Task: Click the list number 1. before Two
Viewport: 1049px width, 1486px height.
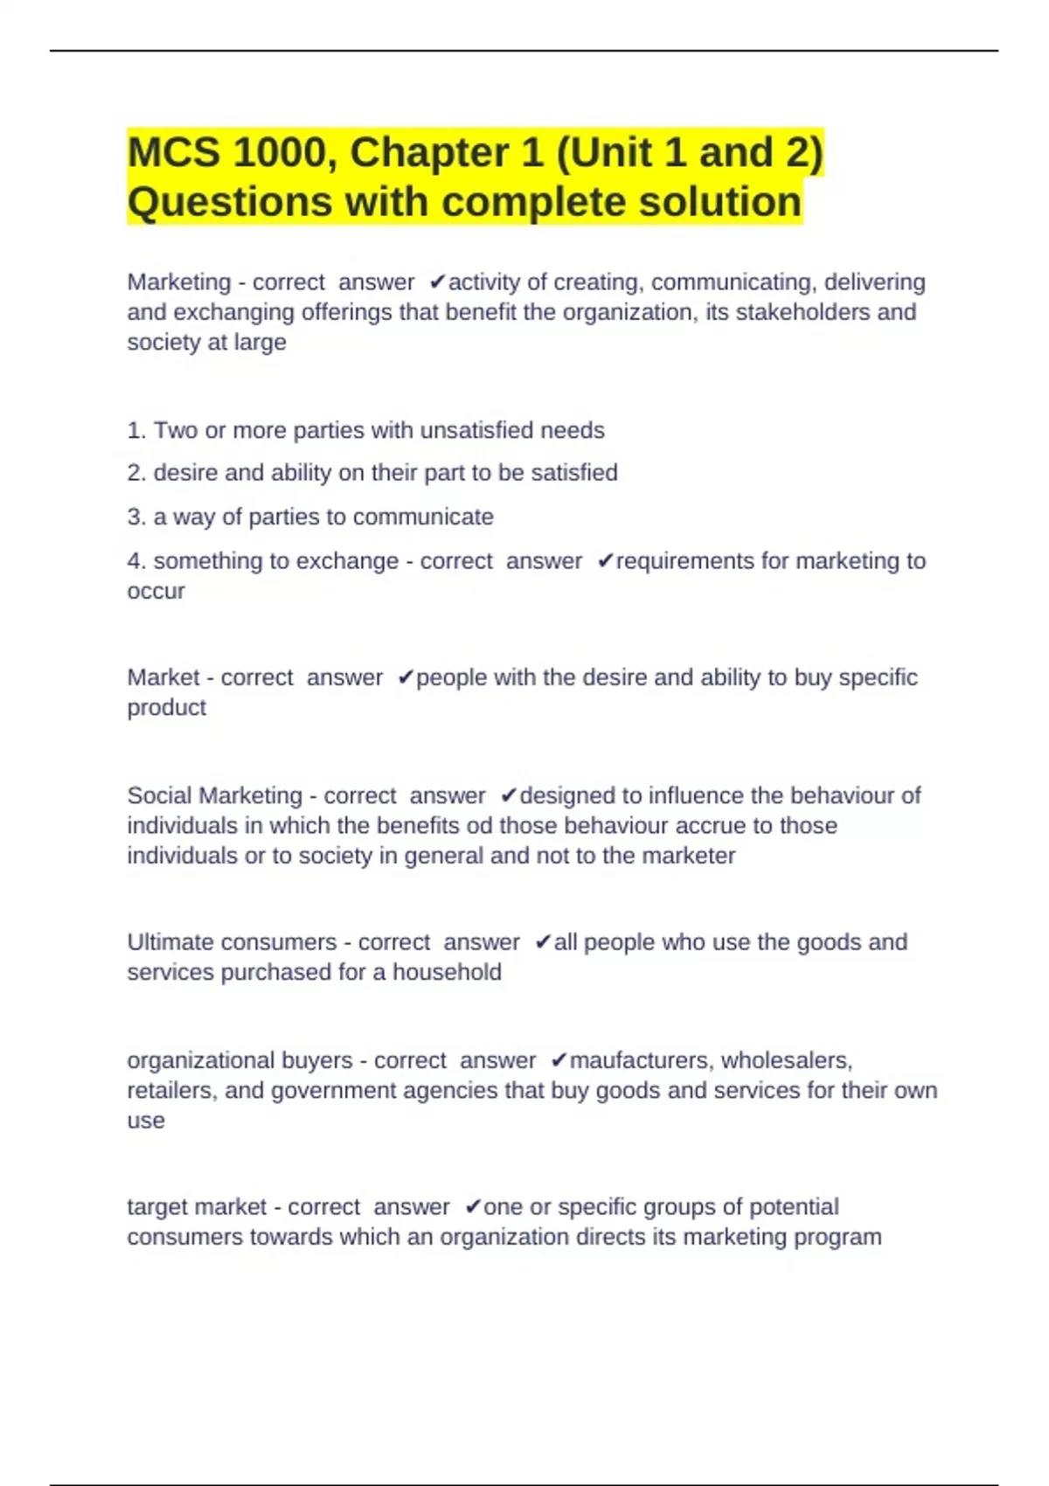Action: click(136, 430)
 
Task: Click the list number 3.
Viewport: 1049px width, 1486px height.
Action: click(136, 517)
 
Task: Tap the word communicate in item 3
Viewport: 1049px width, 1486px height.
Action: click(423, 517)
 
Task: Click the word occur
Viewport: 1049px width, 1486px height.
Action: click(156, 591)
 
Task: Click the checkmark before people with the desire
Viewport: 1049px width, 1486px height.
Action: click(406, 678)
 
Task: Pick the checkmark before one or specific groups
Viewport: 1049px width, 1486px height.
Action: click(473, 1207)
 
